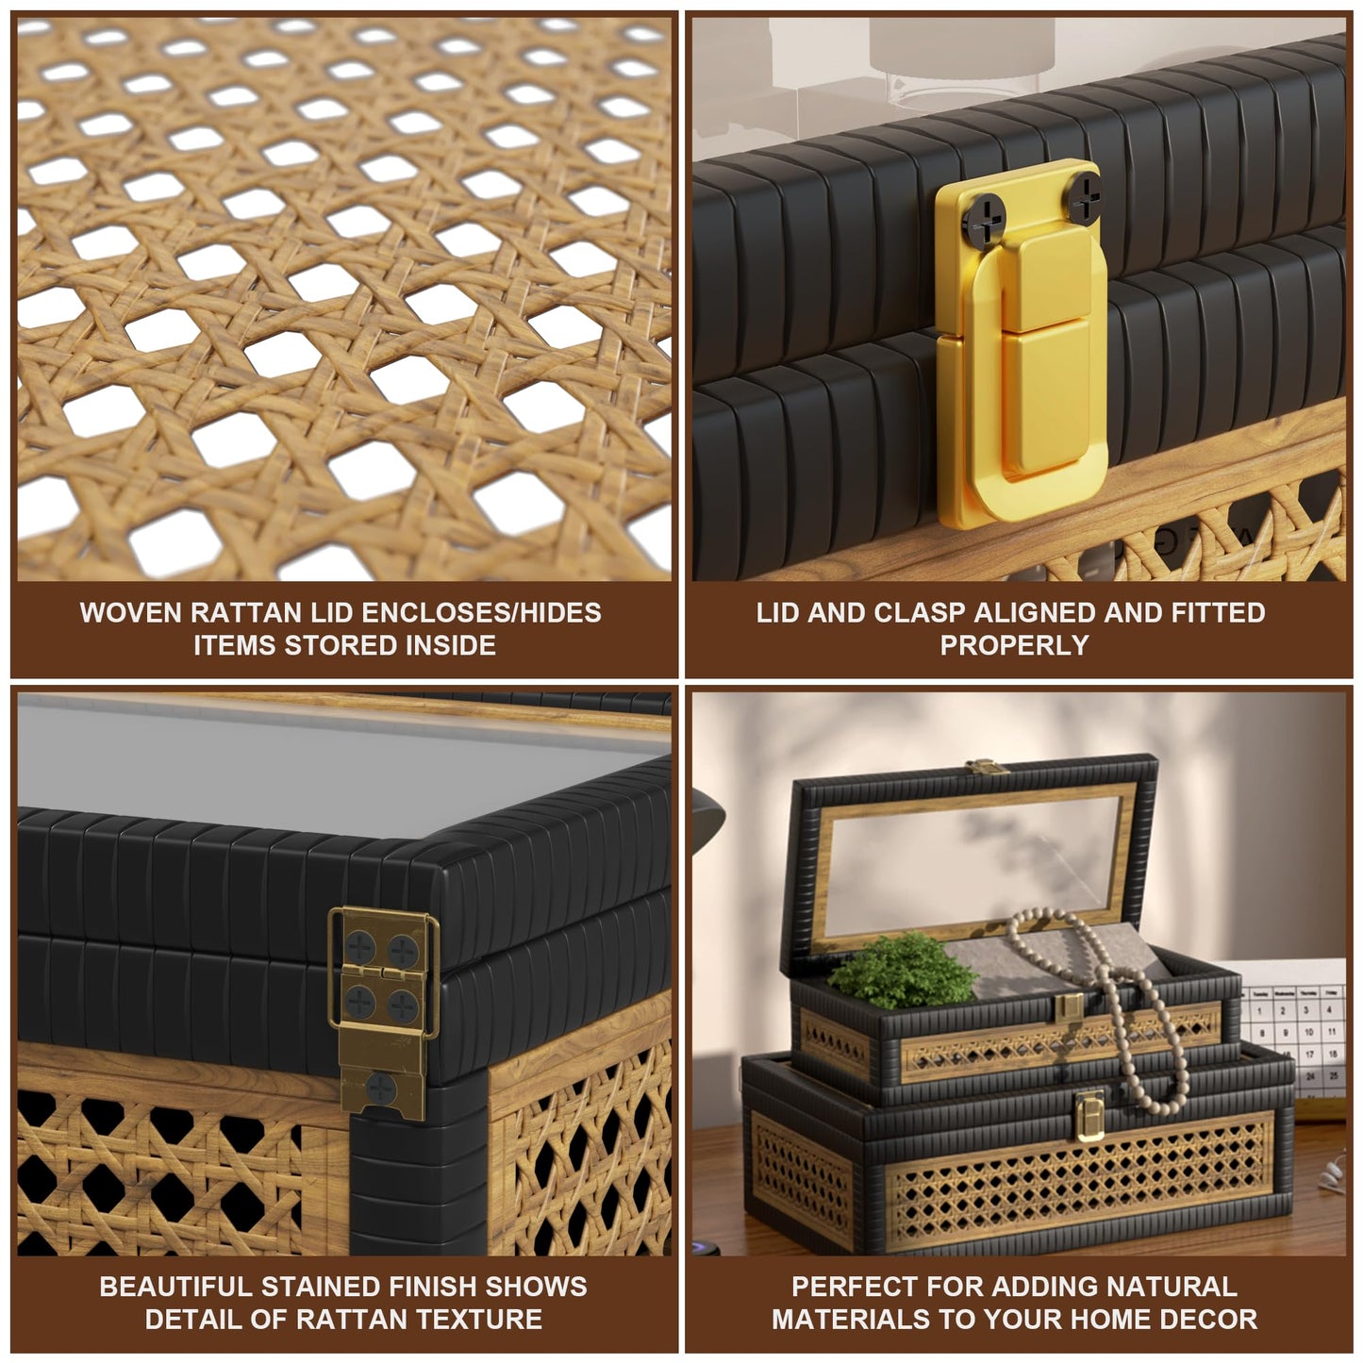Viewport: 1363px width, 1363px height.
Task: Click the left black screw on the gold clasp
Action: pyautogui.click(x=984, y=222)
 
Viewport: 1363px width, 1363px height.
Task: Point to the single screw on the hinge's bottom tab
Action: pyautogui.click(x=380, y=1088)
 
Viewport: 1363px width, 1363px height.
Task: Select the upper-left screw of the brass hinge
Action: pyautogui.click(x=360, y=946)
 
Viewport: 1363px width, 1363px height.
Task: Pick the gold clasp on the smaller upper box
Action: pyautogui.click(x=1070, y=1007)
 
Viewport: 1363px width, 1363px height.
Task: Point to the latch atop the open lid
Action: pyautogui.click(x=987, y=766)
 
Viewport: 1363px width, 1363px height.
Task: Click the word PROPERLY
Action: pyautogui.click(x=1014, y=645)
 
